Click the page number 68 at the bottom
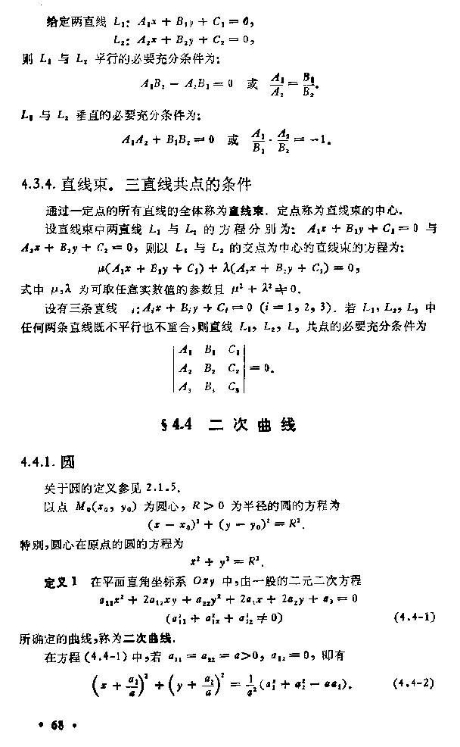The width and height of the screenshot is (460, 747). (x=57, y=726)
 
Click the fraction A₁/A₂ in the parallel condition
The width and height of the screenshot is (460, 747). (x=278, y=84)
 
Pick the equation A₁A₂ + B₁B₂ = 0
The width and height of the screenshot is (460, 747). (x=167, y=140)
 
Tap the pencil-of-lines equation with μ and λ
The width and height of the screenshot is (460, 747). (x=228, y=268)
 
